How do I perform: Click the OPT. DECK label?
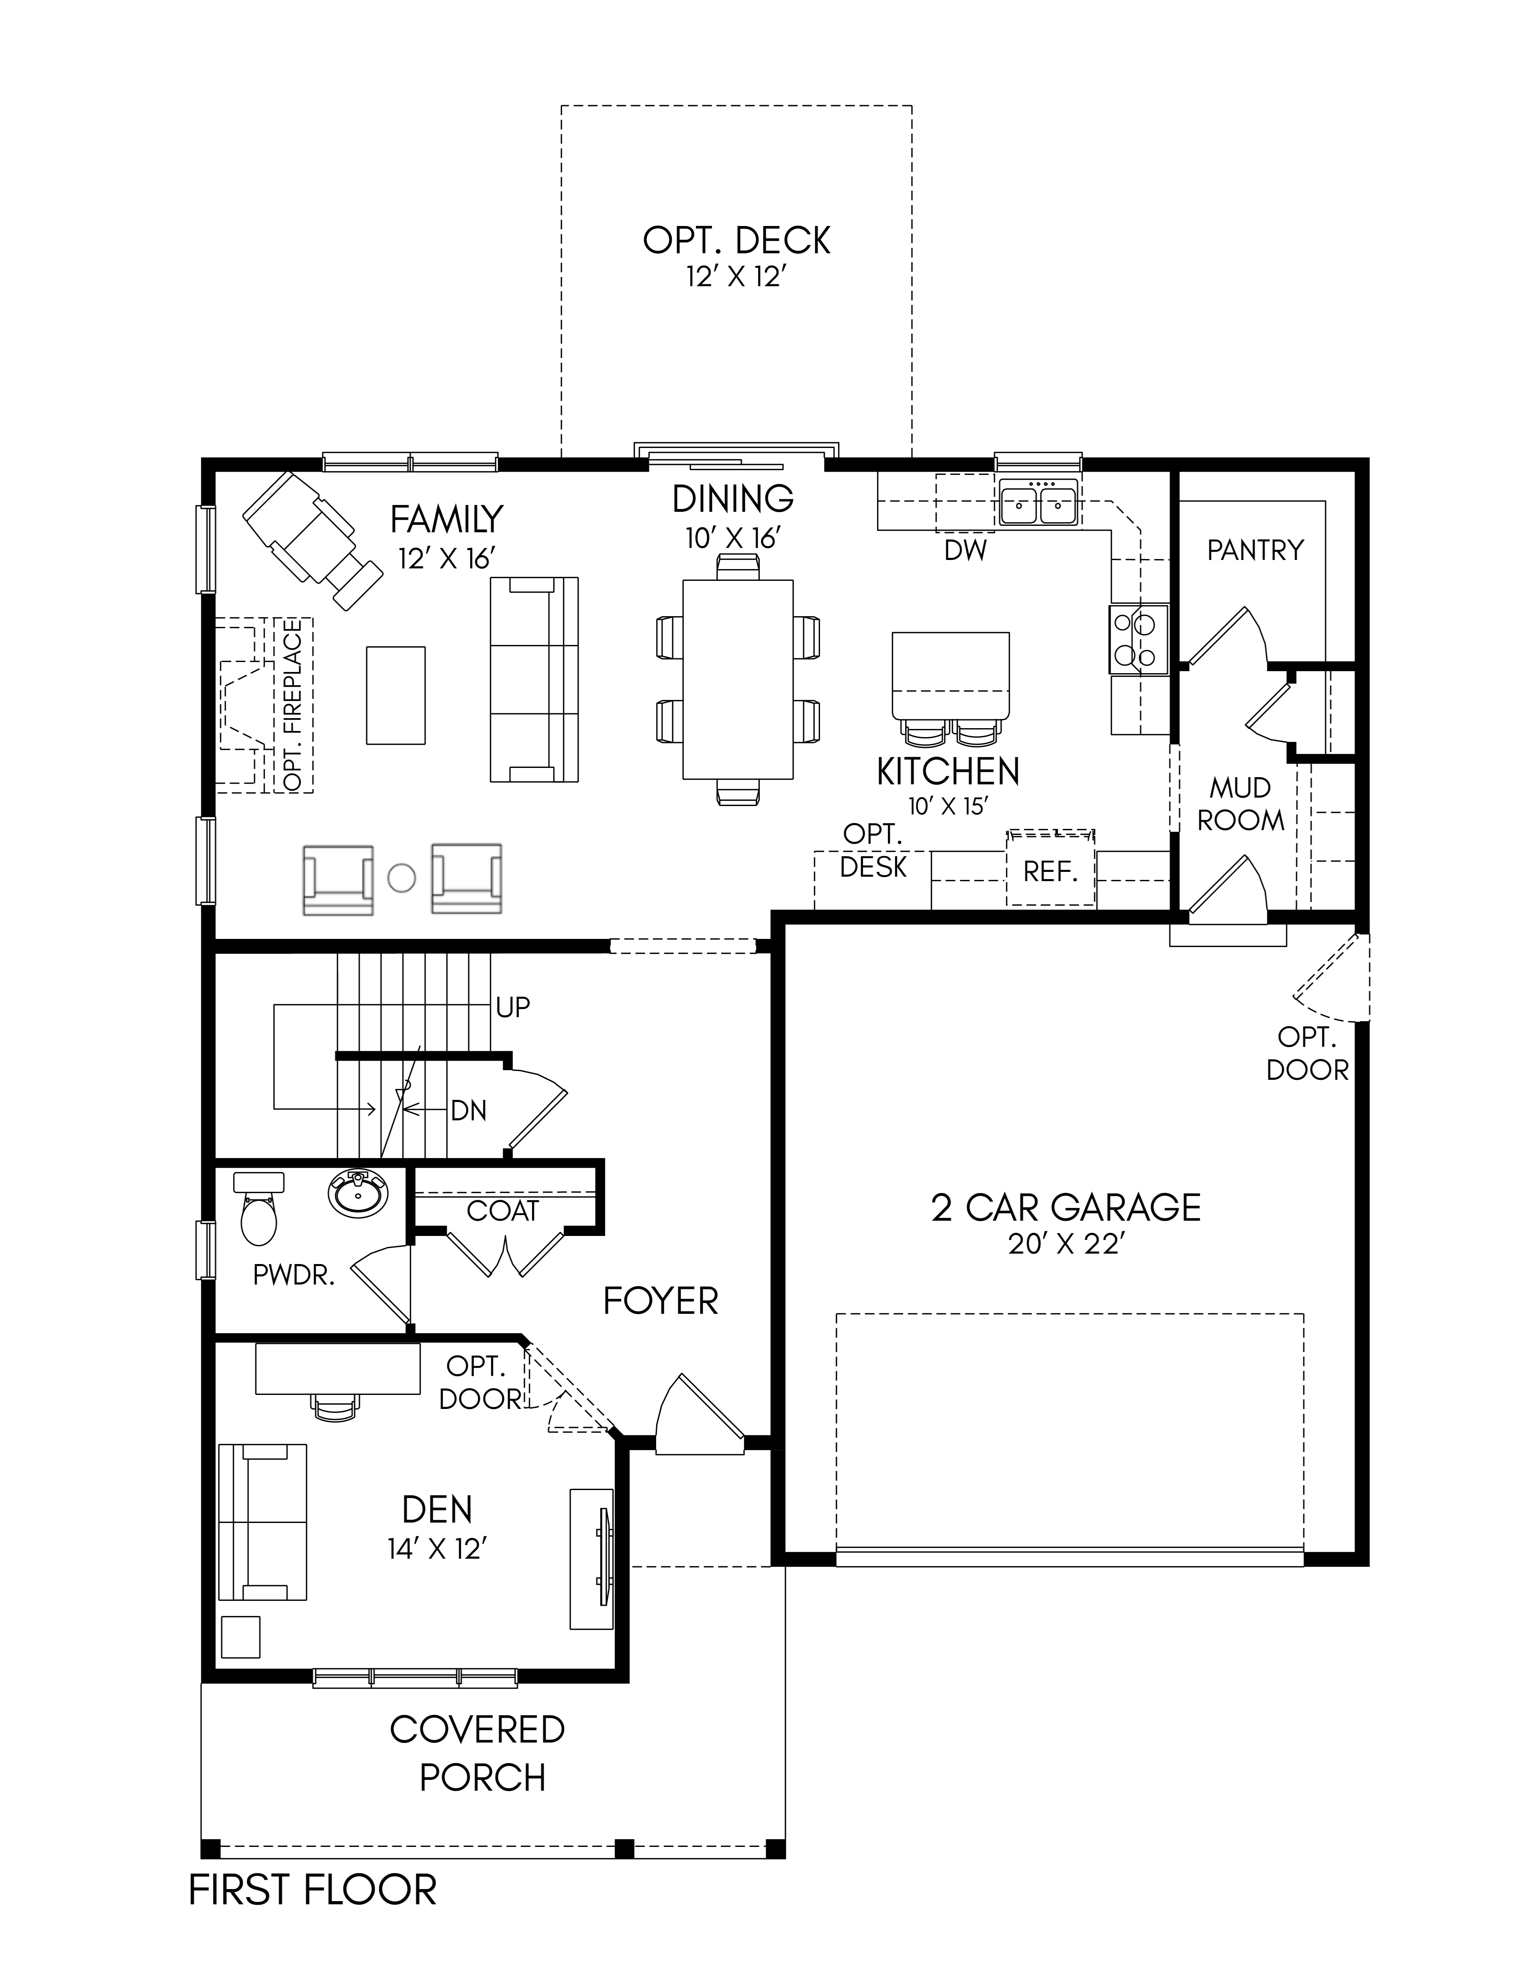(x=736, y=240)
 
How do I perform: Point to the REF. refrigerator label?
(x=1050, y=871)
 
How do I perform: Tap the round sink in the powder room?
(x=358, y=1195)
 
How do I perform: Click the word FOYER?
(x=661, y=1301)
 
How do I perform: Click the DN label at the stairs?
(x=469, y=1111)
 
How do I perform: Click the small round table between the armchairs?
(x=401, y=878)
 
